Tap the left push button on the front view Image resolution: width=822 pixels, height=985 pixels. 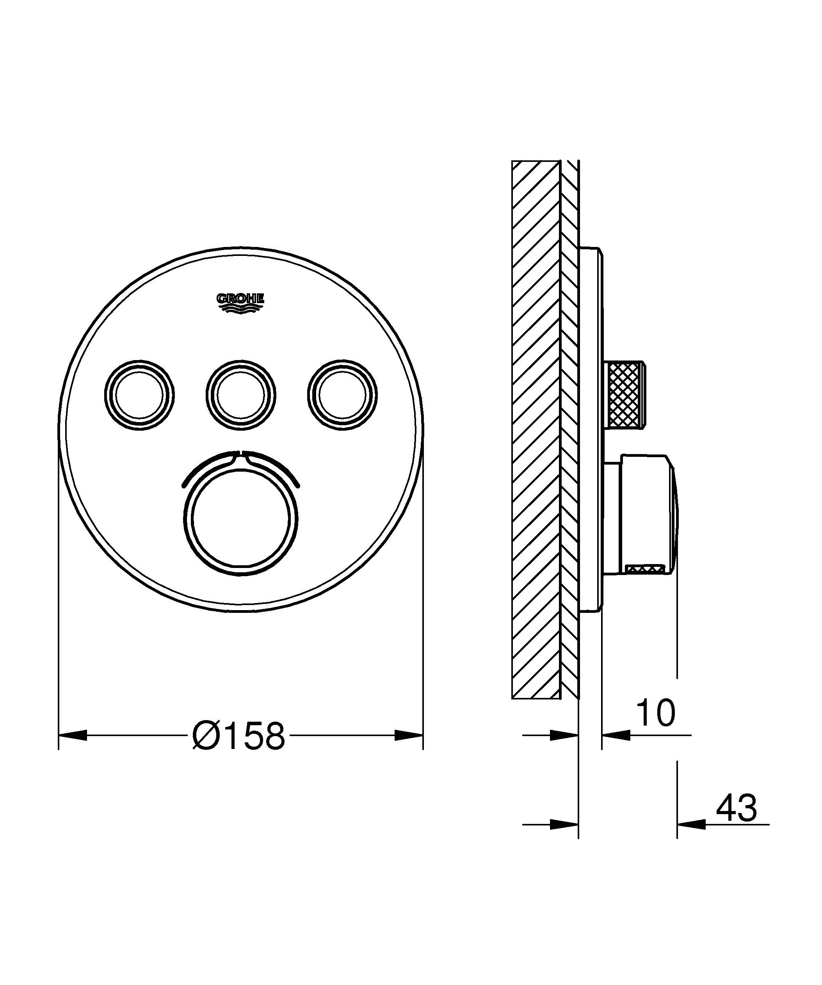tap(139, 395)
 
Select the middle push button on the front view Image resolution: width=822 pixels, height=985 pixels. tap(241, 395)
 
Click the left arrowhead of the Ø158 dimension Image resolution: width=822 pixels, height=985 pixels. tap(73, 735)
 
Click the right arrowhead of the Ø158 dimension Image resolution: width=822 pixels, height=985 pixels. tap(409, 735)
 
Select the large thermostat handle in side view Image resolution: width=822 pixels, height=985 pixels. tap(648, 514)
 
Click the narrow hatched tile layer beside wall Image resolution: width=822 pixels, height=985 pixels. tap(569, 422)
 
